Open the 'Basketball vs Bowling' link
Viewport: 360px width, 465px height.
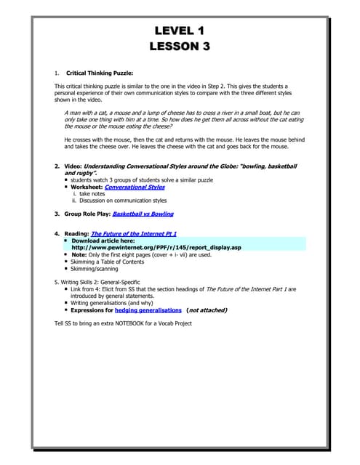tap(143, 214)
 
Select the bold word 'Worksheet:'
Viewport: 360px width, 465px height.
tap(87, 187)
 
